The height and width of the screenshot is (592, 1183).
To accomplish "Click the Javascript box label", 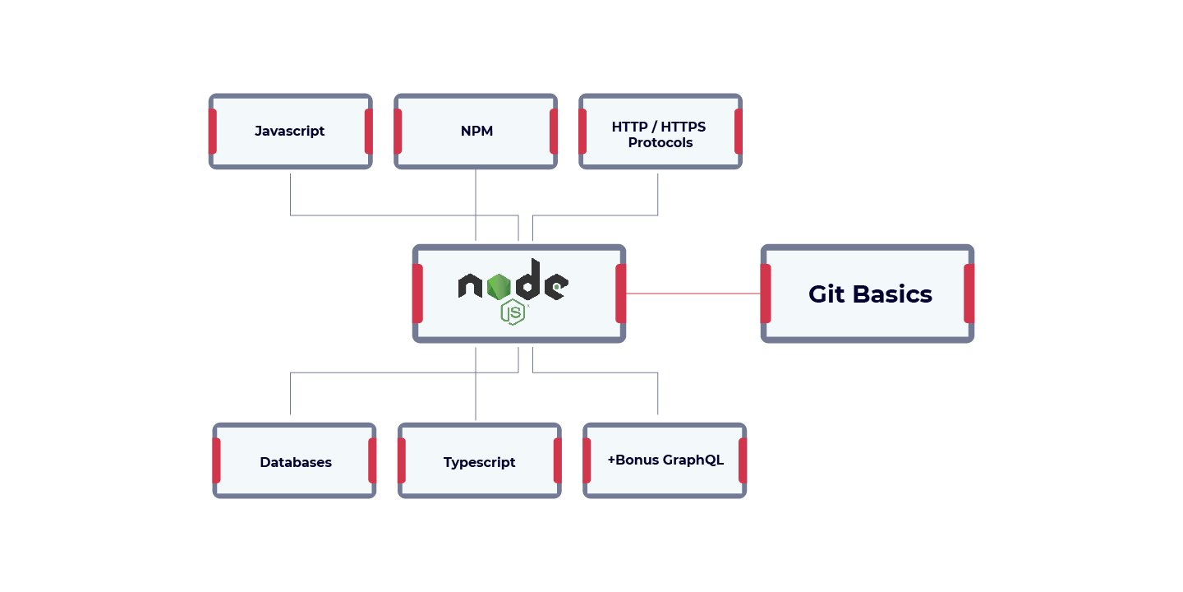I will [289, 131].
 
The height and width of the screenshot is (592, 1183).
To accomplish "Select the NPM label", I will [476, 131].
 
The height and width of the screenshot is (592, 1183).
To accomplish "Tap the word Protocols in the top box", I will [660, 143].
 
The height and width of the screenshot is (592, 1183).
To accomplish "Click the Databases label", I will [296, 462].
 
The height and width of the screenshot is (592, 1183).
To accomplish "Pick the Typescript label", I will [479, 462].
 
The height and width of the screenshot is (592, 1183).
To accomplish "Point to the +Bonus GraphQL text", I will [665, 460].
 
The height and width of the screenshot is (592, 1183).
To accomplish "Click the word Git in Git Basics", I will [826, 294].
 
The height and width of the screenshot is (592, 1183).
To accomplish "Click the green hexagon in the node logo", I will [498, 286].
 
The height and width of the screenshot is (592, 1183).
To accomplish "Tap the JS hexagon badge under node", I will [513, 312].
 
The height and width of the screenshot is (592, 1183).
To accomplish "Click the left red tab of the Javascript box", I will [213, 132].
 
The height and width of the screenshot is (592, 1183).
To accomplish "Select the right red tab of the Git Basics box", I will [969, 294].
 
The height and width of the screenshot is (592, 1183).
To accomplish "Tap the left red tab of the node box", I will [418, 294].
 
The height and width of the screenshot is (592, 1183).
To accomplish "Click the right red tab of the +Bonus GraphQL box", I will [743, 460].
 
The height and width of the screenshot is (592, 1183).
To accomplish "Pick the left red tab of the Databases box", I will [217, 460].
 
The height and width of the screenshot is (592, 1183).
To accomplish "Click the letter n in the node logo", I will [470, 286].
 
